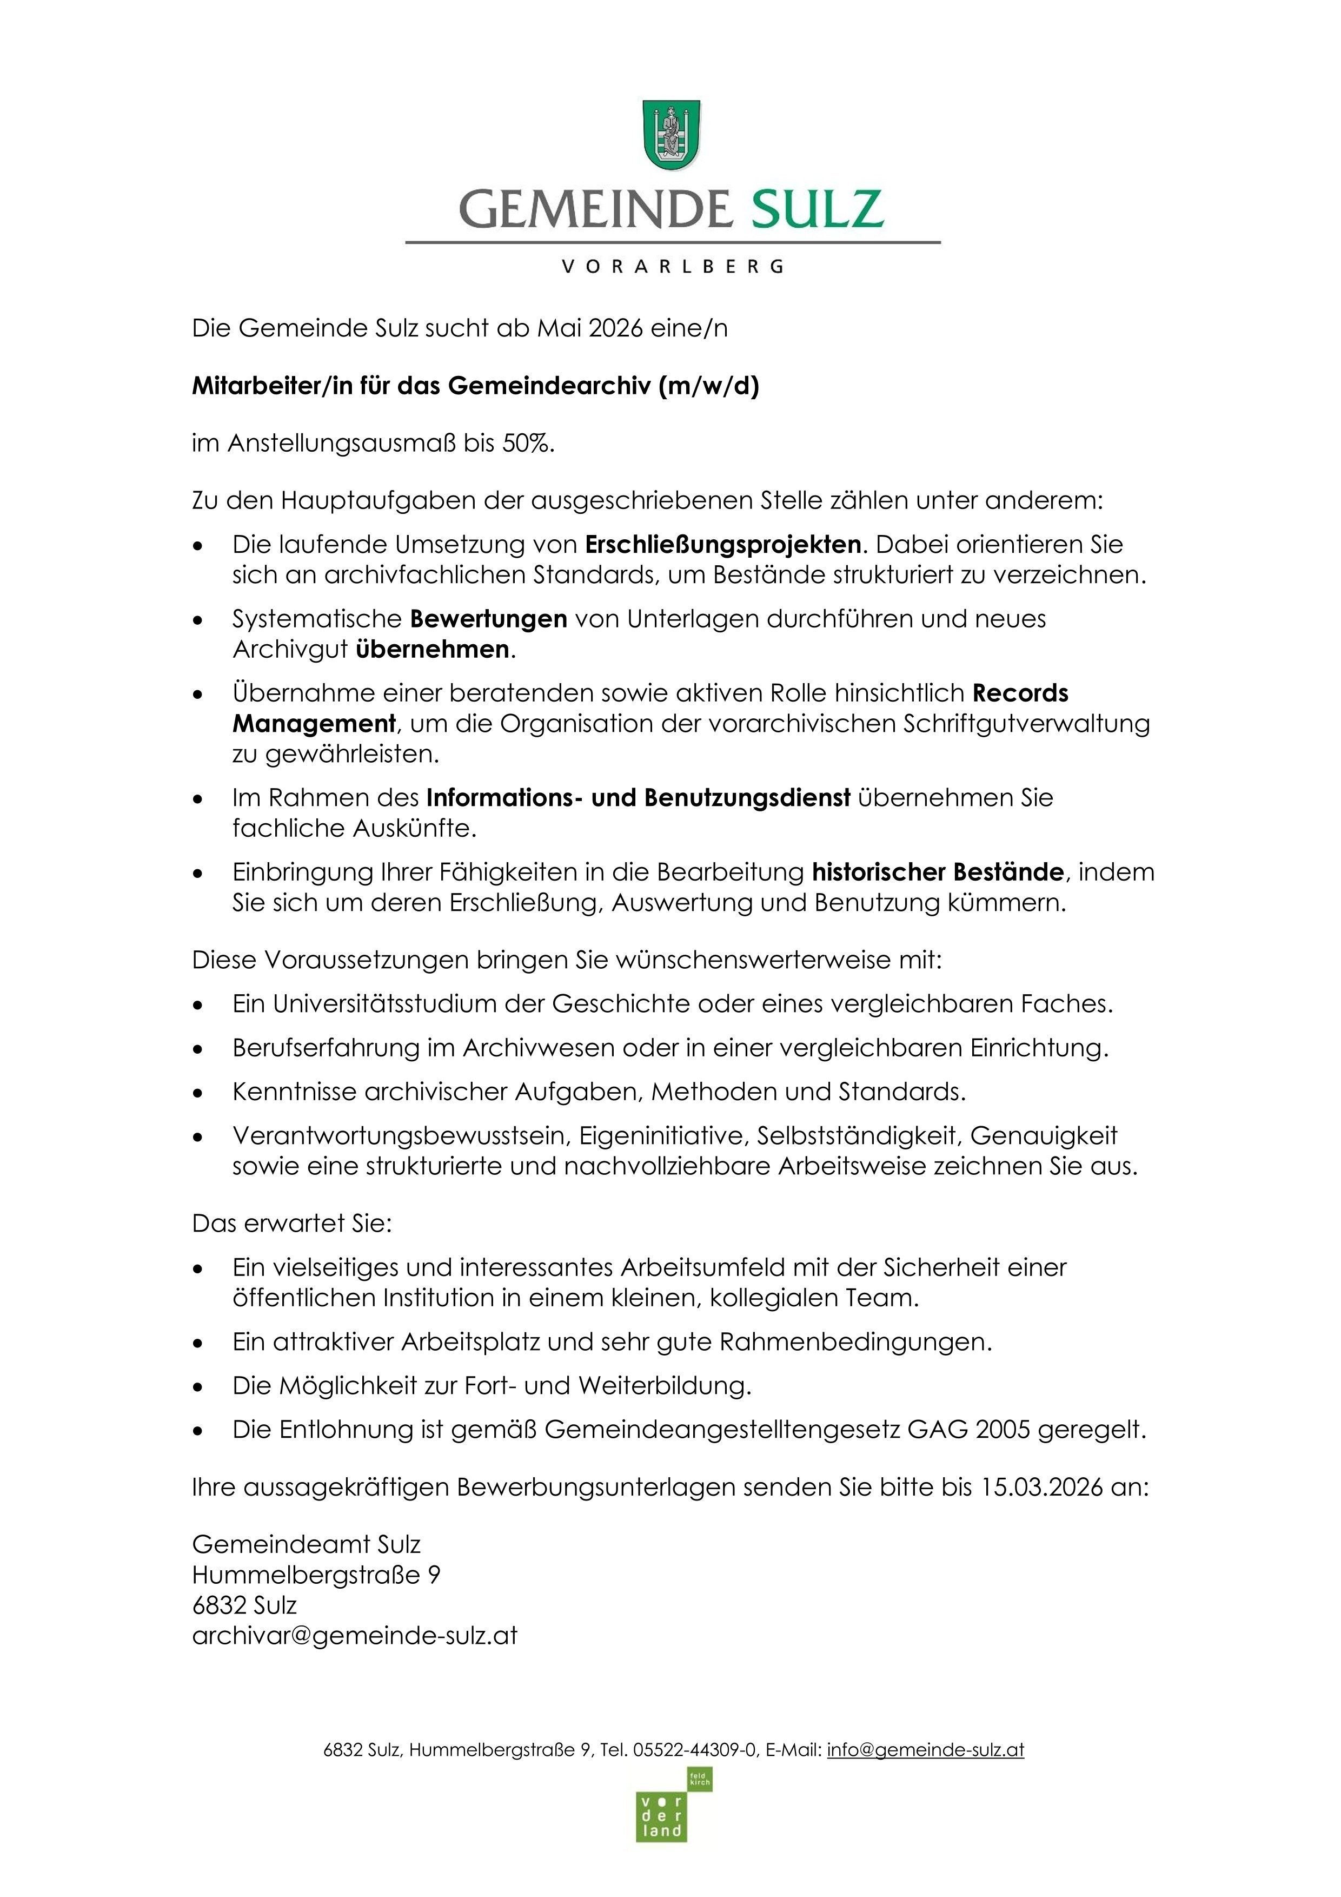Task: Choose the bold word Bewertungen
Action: pyautogui.click(x=488, y=619)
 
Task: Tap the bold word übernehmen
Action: pyautogui.click(x=432, y=650)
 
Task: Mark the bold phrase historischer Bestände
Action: pyautogui.click(x=937, y=871)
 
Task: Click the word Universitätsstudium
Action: pyautogui.click(x=387, y=1004)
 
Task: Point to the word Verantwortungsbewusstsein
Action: pyautogui.click(x=401, y=1136)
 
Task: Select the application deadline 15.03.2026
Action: pyautogui.click(x=1042, y=1487)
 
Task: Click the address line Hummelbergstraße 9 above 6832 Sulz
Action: pyautogui.click(x=316, y=1575)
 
